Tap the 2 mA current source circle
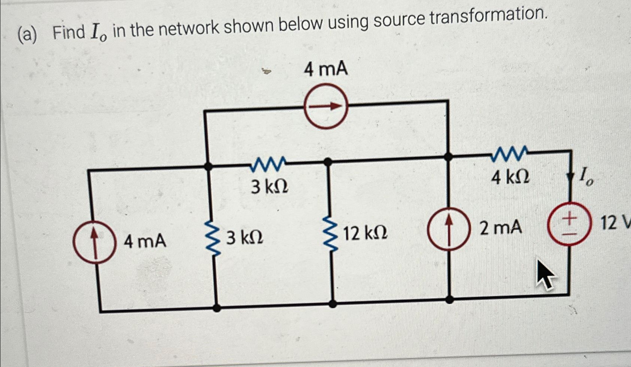448,228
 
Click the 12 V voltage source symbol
569,224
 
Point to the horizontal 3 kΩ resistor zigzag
268,164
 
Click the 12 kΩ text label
365,233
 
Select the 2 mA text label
501,227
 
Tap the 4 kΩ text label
510,177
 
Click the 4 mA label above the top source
325,69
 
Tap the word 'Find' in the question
69,32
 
